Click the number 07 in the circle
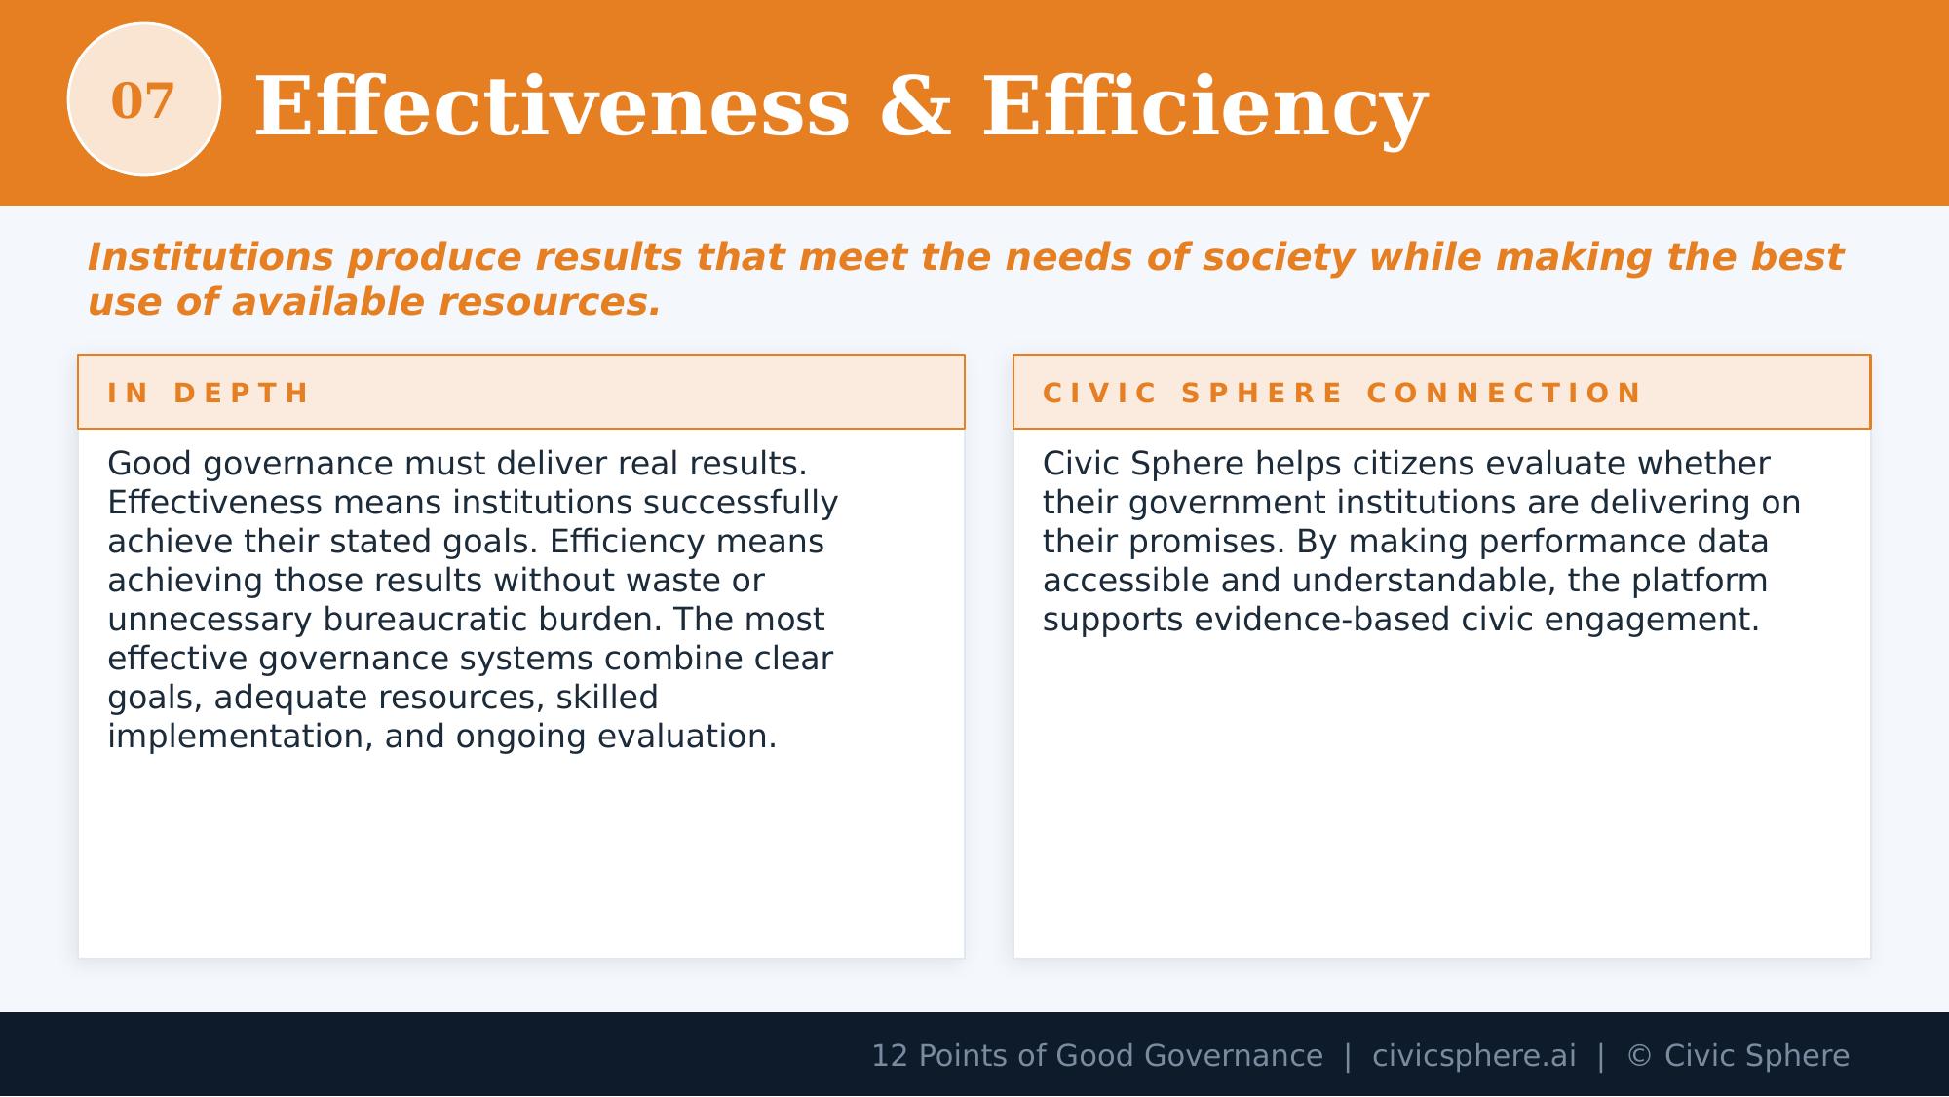click(142, 101)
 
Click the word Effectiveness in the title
click(552, 107)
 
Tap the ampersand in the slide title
click(915, 107)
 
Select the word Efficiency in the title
click(1204, 107)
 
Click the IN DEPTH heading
click(209, 394)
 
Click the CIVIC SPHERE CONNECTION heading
click(1343, 394)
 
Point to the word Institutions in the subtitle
click(210, 258)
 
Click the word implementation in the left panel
click(240, 737)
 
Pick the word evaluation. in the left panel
click(686, 737)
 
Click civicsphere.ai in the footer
click(1473, 1056)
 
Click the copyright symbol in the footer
click(1639, 1056)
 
